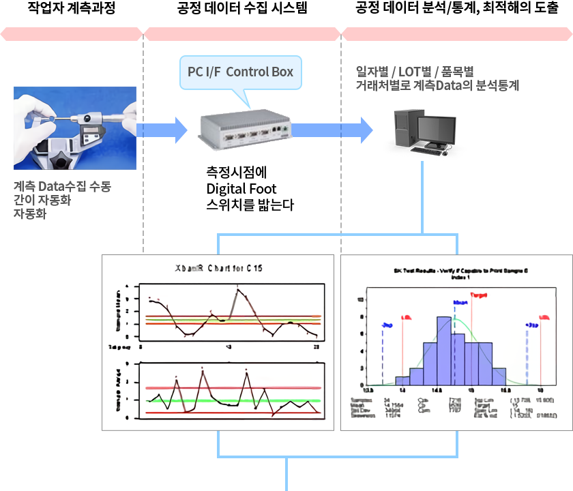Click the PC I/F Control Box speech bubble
(240, 72)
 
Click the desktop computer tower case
(400, 132)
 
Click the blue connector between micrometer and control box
(162, 130)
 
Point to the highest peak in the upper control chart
(237, 290)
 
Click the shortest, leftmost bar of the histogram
(402, 381)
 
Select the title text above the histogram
(456, 273)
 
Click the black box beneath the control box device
(251, 188)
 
